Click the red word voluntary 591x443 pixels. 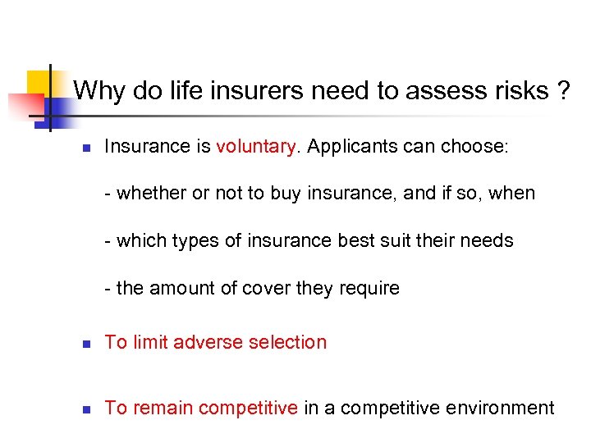point(256,147)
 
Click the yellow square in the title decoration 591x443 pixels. point(39,82)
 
